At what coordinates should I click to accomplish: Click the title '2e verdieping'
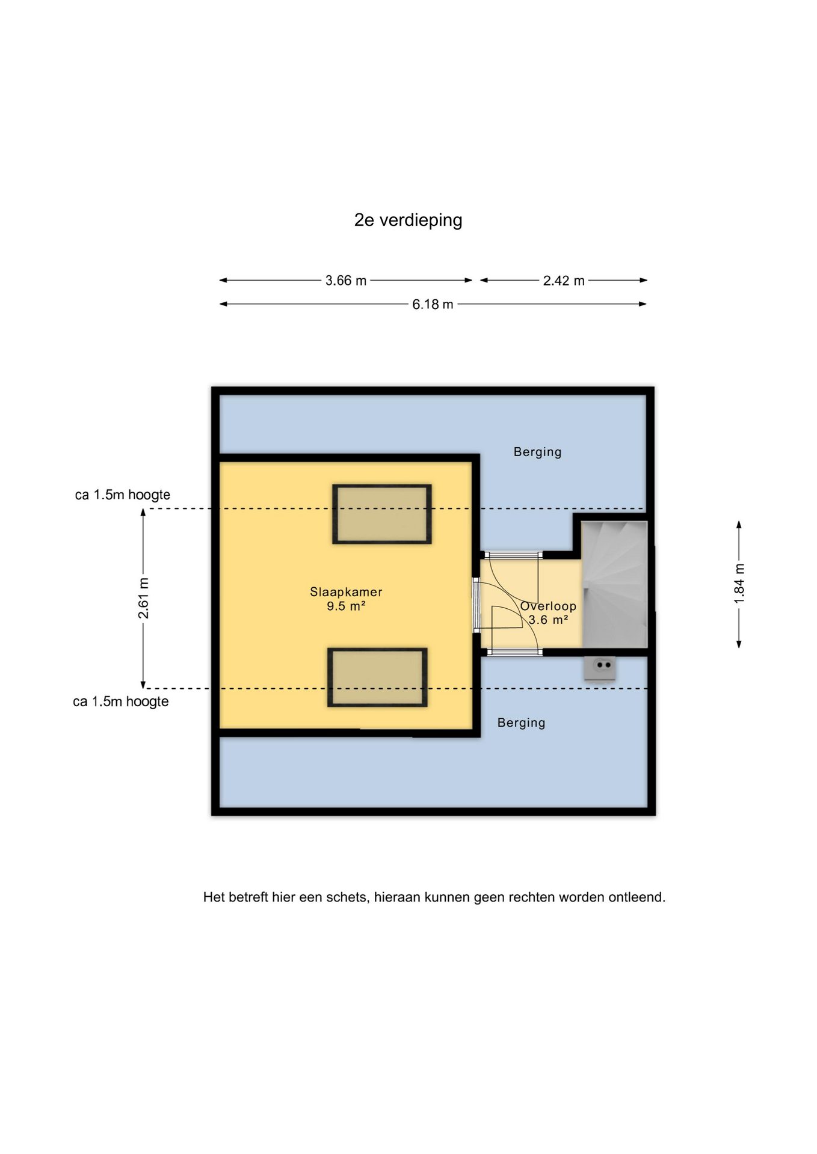click(408, 221)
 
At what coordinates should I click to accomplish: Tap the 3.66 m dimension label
click(346, 281)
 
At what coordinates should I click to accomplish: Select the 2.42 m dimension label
click(564, 281)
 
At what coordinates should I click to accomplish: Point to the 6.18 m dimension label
click(433, 304)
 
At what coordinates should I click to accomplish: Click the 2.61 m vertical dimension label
click(143, 598)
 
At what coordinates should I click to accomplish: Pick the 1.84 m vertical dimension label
click(739, 584)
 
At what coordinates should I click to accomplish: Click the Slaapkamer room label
click(346, 592)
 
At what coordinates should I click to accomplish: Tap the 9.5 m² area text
click(346, 606)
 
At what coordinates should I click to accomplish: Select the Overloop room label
click(548, 606)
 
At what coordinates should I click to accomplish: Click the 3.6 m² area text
click(548, 620)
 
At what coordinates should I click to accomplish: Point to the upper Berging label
click(537, 452)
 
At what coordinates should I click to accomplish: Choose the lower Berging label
click(521, 723)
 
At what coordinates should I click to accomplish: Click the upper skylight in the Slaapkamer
click(382, 514)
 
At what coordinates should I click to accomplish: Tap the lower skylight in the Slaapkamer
click(377, 677)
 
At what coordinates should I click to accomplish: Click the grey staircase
click(614, 584)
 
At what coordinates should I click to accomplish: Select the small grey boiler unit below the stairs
click(599, 669)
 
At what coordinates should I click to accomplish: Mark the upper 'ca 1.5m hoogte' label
click(123, 495)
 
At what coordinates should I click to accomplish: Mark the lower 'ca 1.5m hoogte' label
click(121, 702)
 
